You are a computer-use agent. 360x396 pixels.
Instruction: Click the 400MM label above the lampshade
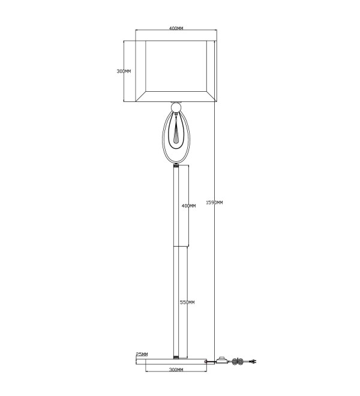pyautogui.click(x=176, y=28)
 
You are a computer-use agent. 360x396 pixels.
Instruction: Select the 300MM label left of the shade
pyautogui.click(x=124, y=71)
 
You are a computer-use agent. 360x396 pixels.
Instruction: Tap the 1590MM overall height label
pyautogui.click(x=214, y=203)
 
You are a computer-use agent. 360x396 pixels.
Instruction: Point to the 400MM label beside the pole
pyautogui.click(x=189, y=206)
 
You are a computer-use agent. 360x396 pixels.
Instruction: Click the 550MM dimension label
pyautogui.click(x=187, y=302)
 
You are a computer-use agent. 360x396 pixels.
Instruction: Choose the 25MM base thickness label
pyautogui.click(x=142, y=355)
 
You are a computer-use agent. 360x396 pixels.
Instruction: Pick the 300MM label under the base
pyautogui.click(x=176, y=370)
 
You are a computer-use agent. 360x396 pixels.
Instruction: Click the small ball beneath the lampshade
pyautogui.click(x=176, y=107)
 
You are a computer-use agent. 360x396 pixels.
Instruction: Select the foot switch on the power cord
pyautogui.click(x=223, y=360)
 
